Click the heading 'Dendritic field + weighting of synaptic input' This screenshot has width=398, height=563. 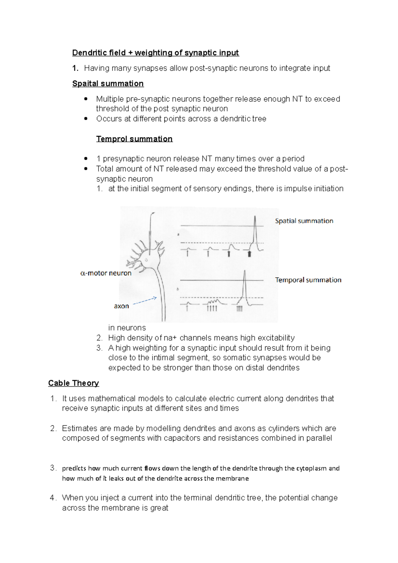coord(155,53)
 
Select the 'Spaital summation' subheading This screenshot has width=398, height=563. coord(108,84)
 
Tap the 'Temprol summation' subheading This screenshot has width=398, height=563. coord(134,139)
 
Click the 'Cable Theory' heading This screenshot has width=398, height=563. coord(73,383)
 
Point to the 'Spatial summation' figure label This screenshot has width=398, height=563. coord(304,221)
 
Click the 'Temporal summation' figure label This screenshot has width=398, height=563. coord(308,280)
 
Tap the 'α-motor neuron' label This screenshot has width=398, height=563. coord(106,273)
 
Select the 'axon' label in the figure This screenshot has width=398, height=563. coord(121,306)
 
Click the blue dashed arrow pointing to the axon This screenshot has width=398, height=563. coord(145,301)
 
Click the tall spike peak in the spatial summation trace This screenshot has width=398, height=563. coord(255,218)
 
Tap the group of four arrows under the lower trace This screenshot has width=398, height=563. coord(212,308)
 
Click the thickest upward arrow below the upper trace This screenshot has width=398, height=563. coord(249,254)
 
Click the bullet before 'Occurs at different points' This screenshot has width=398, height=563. coord(86,119)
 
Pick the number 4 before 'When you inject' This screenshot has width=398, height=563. coord(52,498)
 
